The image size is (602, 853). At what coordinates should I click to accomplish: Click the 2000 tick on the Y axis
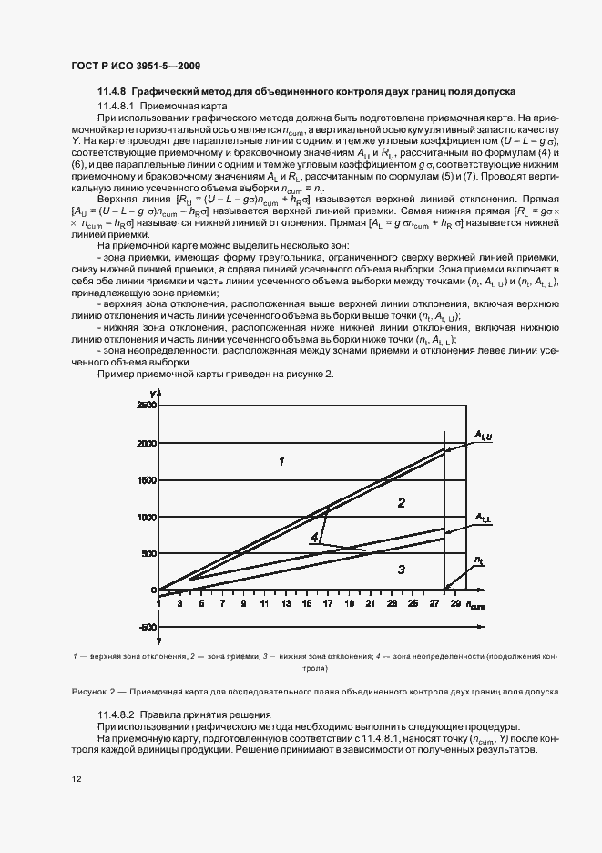point(146,444)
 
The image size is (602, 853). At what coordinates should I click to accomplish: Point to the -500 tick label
point(146,627)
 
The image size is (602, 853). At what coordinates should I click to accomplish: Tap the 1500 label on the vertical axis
point(146,480)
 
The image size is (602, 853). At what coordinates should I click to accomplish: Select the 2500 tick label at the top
point(146,405)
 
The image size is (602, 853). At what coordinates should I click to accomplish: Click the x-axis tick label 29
point(454,603)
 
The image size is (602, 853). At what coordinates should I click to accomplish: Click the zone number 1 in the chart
point(281,462)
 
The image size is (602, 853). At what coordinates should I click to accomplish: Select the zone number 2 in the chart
point(400,502)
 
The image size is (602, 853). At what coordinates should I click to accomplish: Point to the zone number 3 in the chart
point(400,570)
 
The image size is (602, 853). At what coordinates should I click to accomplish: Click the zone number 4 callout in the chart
point(313,539)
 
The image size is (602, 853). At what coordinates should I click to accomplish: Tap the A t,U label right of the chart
point(483,437)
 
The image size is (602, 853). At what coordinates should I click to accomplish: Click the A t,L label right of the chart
point(483,518)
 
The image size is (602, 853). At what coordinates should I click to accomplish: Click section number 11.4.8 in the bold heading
point(112,92)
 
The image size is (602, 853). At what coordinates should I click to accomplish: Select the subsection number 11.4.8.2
point(117,714)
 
